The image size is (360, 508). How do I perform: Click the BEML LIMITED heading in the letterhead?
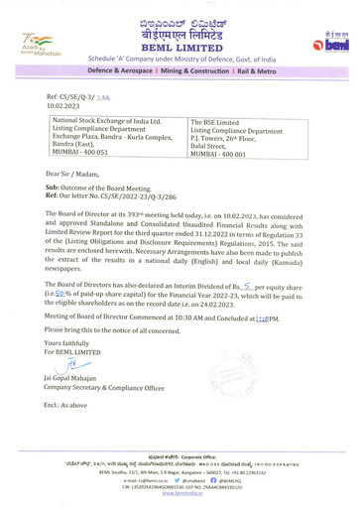click(180, 46)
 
